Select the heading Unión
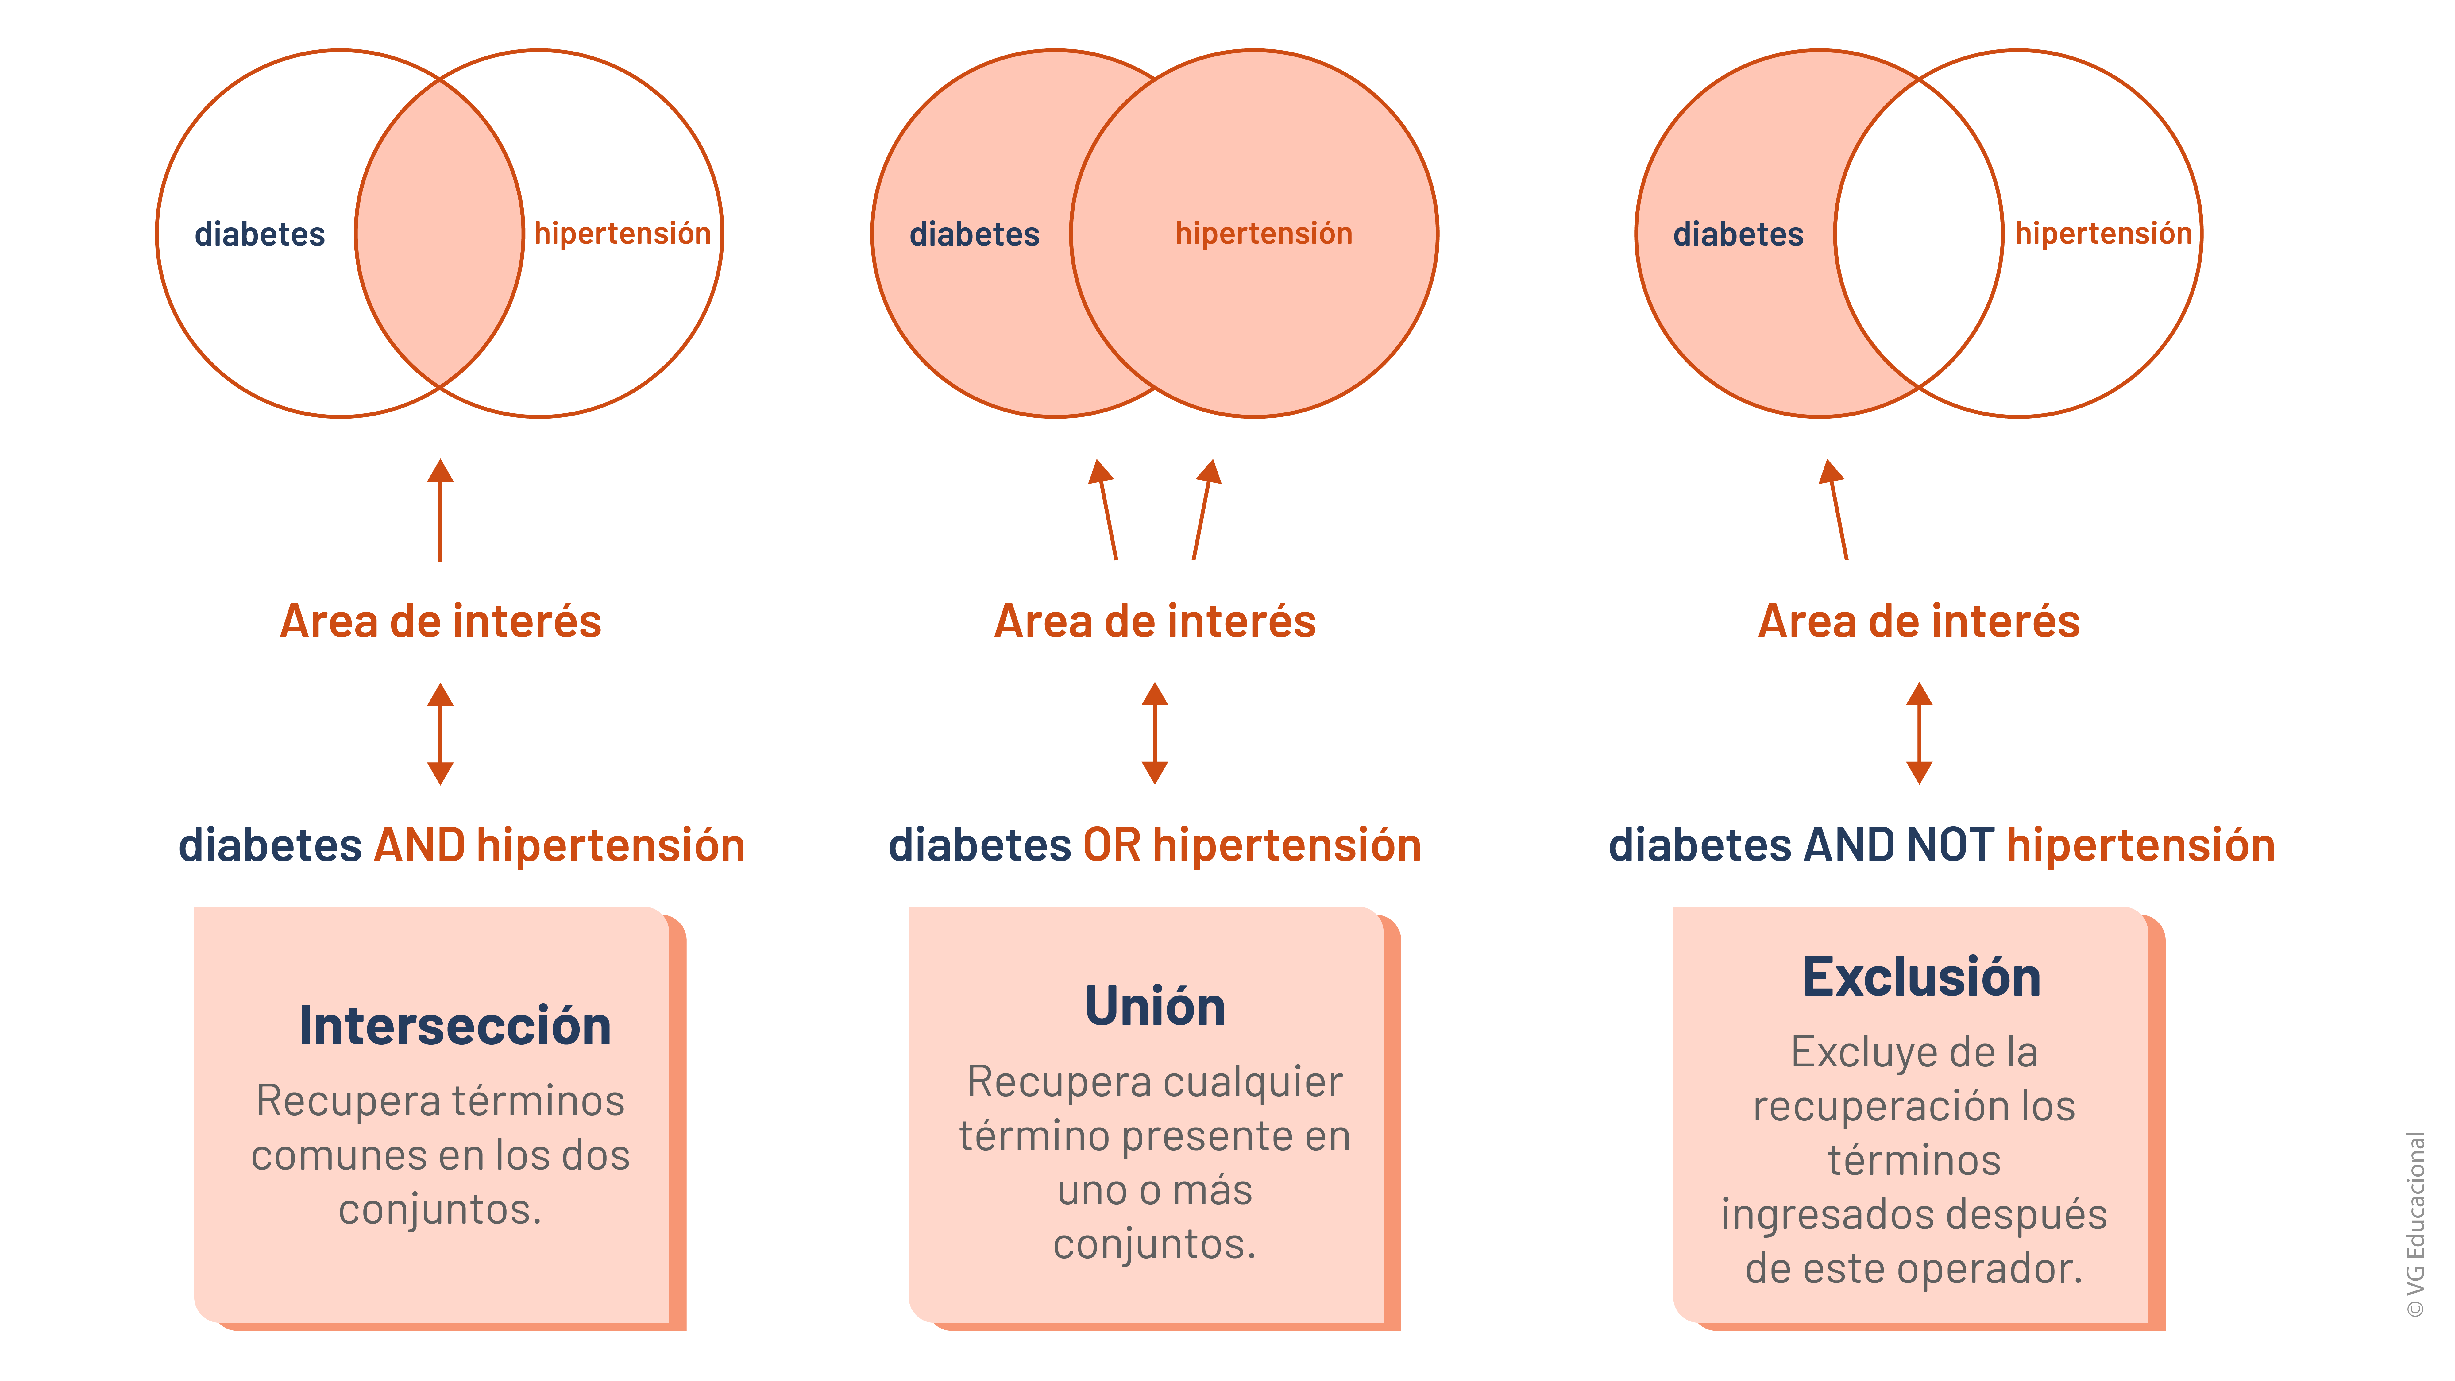[x=1155, y=1007]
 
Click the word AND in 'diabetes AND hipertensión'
[x=419, y=845]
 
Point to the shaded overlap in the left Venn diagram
[x=439, y=234]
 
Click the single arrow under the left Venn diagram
[x=440, y=510]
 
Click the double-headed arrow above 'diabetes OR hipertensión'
[x=1155, y=733]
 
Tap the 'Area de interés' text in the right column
[x=1918, y=621]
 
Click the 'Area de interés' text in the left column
[x=440, y=621]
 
